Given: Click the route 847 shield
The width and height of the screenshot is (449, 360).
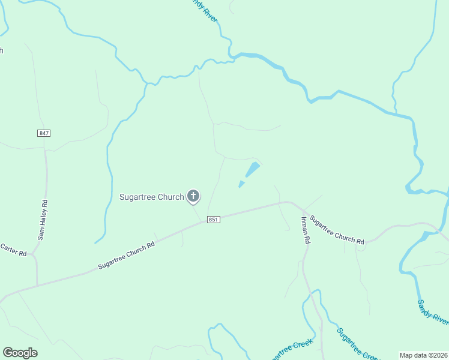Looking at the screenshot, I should (x=43, y=133).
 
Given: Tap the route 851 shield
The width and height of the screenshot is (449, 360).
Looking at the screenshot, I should (x=214, y=220).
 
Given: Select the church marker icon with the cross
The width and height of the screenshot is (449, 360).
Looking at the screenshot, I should (x=193, y=196).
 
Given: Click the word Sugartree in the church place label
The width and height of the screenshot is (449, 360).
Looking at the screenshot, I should (x=137, y=197).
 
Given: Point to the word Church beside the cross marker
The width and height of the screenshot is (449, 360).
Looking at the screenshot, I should (x=171, y=197).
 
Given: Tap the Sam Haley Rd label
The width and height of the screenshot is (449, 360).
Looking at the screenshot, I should (x=43, y=220).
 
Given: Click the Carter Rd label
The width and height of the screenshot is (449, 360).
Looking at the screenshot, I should (x=13, y=250).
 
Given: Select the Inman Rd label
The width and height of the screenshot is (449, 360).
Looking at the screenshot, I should (x=305, y=229).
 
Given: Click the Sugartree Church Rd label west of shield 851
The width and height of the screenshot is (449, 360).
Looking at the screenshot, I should (x=127, y=255).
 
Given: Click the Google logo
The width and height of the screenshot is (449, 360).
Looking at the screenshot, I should (x=20, y=353).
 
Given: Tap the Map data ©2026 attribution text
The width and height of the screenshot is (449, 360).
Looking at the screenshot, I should (x=424, y=355).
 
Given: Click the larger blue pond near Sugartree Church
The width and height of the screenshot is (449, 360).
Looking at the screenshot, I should (x=253, y=169).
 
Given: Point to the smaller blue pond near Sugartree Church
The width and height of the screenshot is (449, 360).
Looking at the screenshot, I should (x=241, y=184).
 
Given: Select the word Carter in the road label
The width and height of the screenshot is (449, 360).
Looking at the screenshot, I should (x=9, y=247).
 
